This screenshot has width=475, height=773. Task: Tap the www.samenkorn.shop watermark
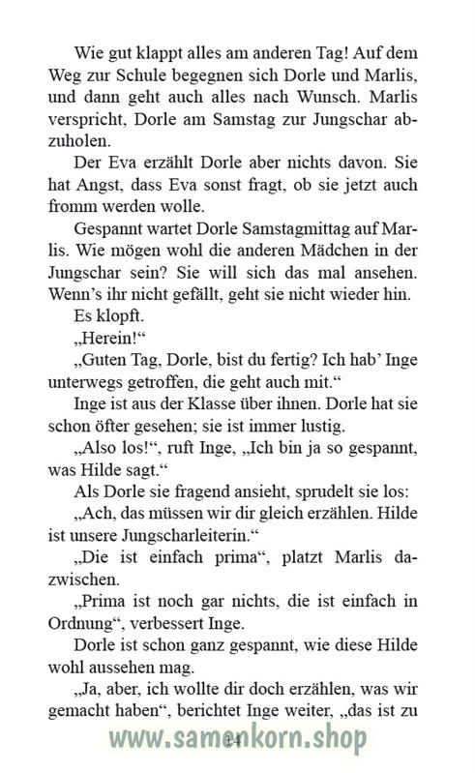[237, 740]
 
